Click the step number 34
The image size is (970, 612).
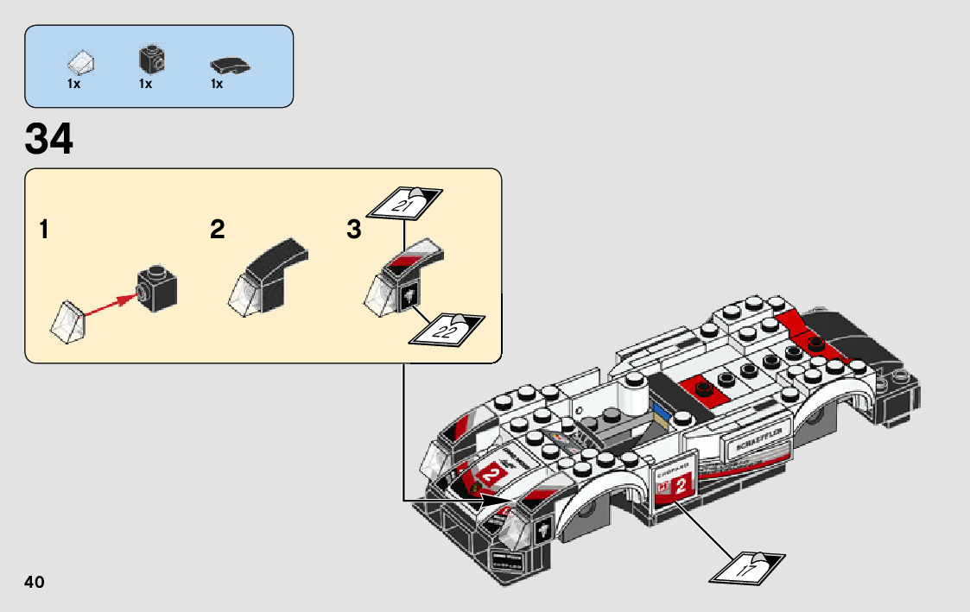(x=49, y=140)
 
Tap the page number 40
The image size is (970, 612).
(x=35, y=582)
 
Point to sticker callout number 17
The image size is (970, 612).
(x=745, y=568)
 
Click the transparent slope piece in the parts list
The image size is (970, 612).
(x=81, y=62)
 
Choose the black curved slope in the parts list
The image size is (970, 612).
(x=229, y=65)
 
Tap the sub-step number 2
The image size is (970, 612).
(x=217, y=230)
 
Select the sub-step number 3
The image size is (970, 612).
(x=353, y=230)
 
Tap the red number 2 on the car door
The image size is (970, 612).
(x=679, y=486)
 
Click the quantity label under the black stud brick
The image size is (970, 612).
(x=144, y=85)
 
